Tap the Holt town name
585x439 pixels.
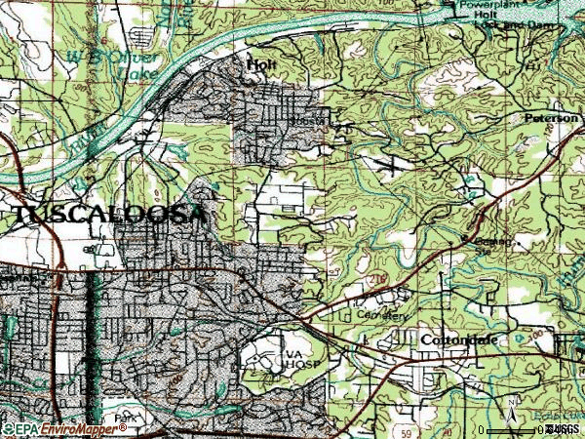point(257,64)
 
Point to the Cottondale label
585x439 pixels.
point(459,339)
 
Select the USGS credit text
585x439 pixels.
point(565,429)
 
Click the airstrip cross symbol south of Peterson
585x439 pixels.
point(392,165)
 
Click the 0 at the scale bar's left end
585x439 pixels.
point(482,429)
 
